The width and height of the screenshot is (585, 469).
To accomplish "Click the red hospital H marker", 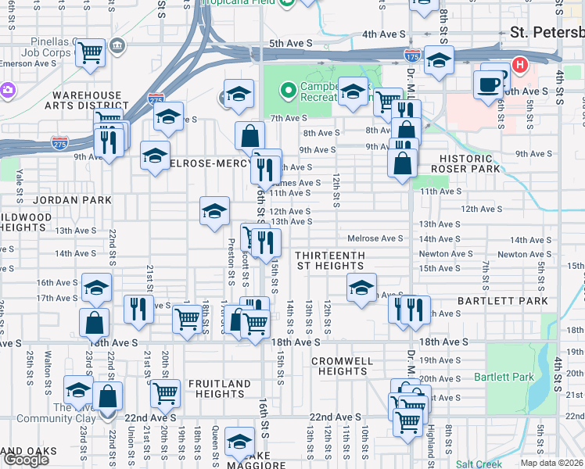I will (518, 64).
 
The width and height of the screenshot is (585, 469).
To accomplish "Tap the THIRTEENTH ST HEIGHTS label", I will (329, 261).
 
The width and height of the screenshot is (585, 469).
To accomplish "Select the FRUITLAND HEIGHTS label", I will (213, 389).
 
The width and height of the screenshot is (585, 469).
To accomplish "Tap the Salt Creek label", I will (479, 464).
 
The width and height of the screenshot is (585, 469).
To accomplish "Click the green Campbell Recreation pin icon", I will (288, 91).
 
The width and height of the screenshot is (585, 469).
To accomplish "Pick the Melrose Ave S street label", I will (375, 238).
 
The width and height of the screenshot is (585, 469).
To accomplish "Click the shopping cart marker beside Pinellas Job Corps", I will (91, 53).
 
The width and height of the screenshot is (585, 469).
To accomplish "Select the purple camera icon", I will (6, 90).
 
